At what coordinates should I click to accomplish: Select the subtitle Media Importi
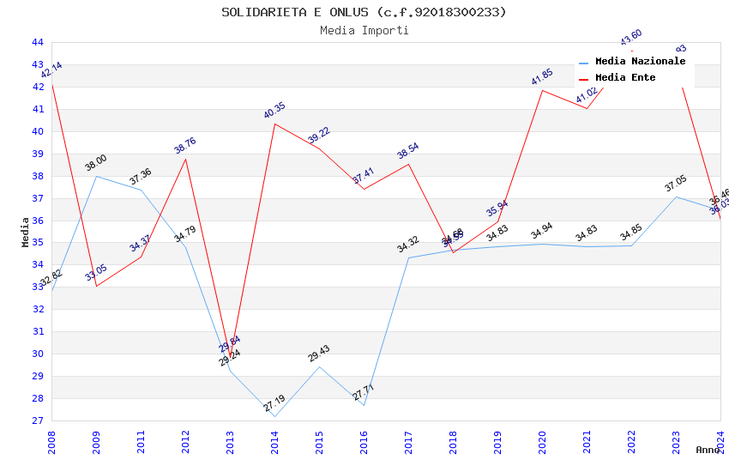[x=364, y=30]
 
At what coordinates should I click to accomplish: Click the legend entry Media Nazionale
[x=640, y=62]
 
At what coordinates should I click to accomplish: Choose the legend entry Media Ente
[x=624, y=77]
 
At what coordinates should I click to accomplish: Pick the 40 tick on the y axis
[x=38, y=131]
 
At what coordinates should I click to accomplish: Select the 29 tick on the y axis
[x=38, y=376]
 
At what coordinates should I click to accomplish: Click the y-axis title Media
[x=26, y=232]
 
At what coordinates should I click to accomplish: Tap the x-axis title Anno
[x=708, y=450]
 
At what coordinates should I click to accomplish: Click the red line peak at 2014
[x=274, y=124]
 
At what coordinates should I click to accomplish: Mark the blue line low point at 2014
[x=274, y=416]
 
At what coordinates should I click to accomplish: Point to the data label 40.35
[x=274, y=111]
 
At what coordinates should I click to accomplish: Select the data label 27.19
[x=274, y=403]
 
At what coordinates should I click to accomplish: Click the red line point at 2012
[x=185, y=159]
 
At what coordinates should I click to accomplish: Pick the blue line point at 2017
[x=408, y=257]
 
